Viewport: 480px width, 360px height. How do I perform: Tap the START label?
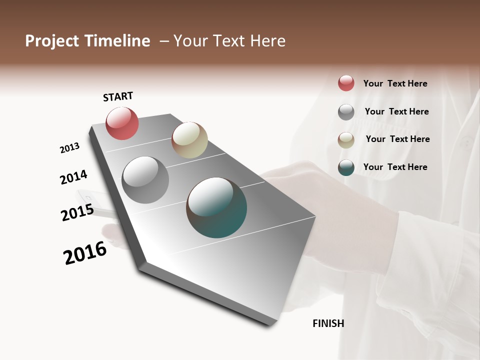[118, 96]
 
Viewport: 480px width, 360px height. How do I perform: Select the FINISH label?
[328, 323]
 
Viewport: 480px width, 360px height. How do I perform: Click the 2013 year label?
[69, 148]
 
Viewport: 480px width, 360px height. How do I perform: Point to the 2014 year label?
[73, 177]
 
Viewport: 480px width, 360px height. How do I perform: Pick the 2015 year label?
[77, 212]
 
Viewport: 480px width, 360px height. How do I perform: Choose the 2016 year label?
[85, 252]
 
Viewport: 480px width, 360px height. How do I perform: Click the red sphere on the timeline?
[122, 123]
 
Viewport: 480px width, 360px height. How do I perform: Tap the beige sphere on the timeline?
[189, 140]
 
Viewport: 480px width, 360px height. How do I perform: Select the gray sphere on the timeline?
[145, 180]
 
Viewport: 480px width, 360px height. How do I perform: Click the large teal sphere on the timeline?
[216, 207]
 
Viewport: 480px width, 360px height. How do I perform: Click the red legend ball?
[346, 83]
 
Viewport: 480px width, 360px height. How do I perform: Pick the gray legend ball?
[346, 112]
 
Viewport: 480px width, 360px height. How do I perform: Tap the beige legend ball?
[346, 140]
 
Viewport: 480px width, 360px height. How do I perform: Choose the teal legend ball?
[346, 167]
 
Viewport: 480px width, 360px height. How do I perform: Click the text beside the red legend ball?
[395, 83]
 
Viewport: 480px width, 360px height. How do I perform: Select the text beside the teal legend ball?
[395, 167]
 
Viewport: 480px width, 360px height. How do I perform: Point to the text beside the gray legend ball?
[396, 111]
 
